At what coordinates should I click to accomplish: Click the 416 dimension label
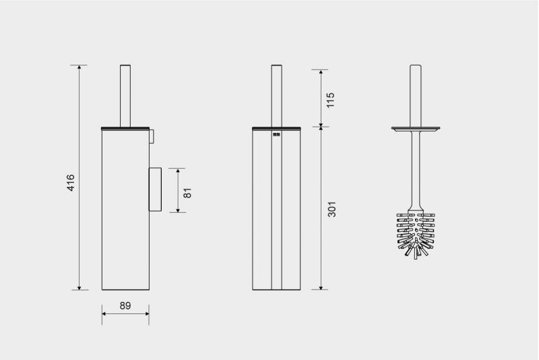click(x=71, y=183)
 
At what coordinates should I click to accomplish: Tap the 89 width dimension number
click(x=125, y=305)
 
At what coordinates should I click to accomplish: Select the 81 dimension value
click(x=187, y=193)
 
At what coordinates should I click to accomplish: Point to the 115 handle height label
click(x=330, y=100)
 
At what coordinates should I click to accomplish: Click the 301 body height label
click(x=331, y=209)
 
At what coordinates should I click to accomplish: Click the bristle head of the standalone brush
click(x=416, y=235)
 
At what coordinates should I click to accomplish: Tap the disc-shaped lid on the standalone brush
click(x=416, y=129)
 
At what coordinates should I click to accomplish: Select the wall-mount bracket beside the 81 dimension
click(x=155, y=189)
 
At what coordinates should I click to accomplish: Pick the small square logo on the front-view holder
click(x=277, y=134)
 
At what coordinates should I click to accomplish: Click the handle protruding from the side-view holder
click(x=125, y=96)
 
